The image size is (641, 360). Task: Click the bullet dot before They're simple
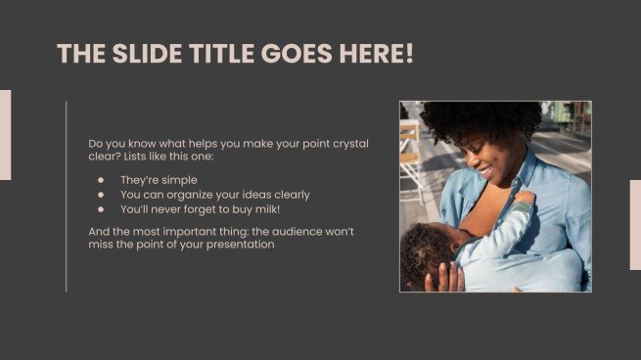(100, 180)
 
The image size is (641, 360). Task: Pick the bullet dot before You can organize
(100, 195)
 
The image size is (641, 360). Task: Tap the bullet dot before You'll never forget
(100, 209)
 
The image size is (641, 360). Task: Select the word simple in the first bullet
(179, 180)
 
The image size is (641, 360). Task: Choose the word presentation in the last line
(242, 245)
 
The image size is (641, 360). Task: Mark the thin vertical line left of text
(67, 196)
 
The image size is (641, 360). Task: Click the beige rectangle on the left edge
(5, 135)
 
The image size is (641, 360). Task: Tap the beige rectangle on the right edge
(635, 224)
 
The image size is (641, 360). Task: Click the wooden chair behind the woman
(410, 157)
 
